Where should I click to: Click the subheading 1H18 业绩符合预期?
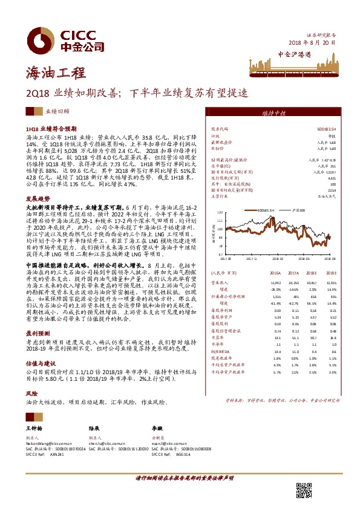(52, 129)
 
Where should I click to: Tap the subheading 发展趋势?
(37, 198)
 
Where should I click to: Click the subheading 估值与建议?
(41, 347)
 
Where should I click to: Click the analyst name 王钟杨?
(34, 427)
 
